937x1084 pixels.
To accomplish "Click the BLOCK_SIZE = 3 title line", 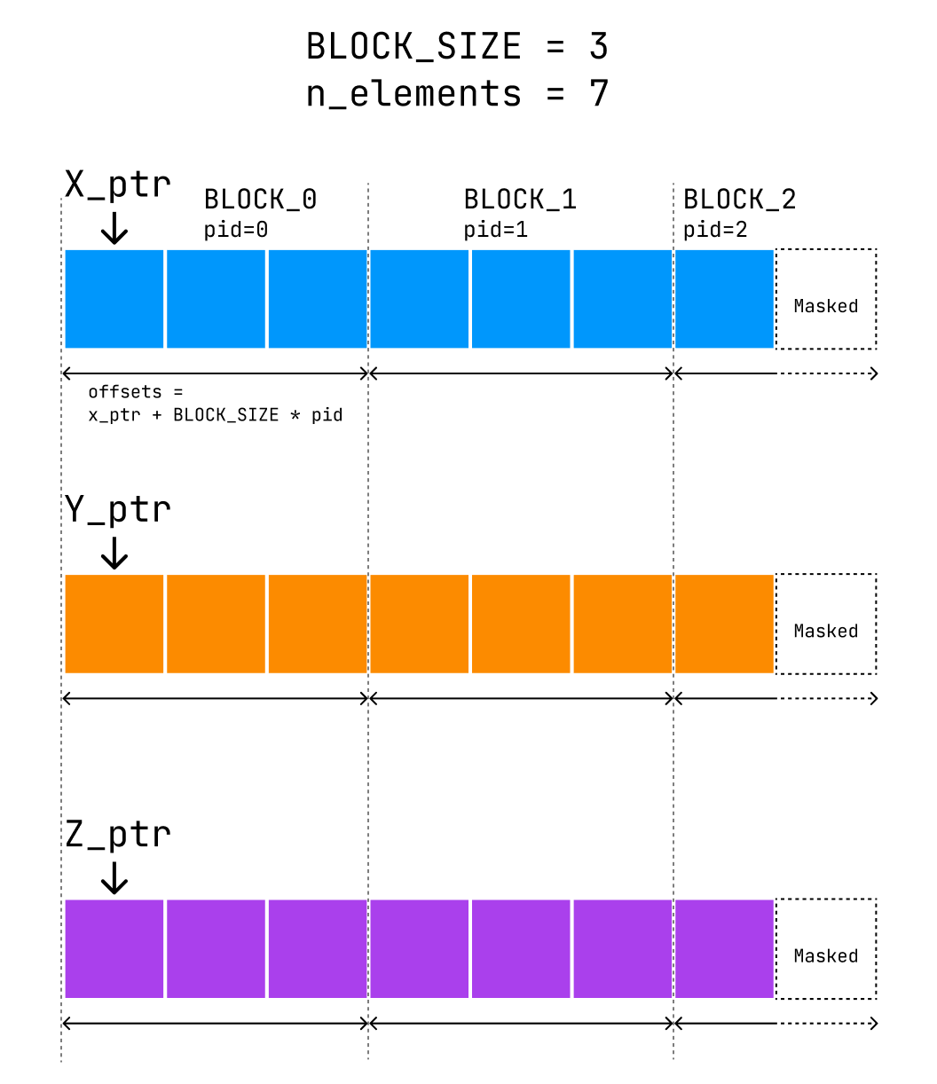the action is [x=457, y=46].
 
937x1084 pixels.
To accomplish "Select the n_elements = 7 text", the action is [x=457, y=93].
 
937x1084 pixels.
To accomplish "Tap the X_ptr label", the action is [x=117, y=185].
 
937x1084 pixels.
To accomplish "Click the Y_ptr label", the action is [x=117, y=509].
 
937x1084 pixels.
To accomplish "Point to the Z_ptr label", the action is [x=117, y=834].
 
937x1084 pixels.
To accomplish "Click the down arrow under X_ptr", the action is [x=114, y=228].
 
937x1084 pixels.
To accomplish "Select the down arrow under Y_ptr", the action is [x=114, y=553].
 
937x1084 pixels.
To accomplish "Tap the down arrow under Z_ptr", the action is [x=114, y=877].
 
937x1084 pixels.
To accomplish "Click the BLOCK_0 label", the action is [x=260, y=200].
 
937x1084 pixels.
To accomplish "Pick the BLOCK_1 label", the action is [x=520, y=200].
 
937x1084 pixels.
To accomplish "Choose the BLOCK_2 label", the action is [x=739, y=200].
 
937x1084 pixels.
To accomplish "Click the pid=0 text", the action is [x=235, y=230].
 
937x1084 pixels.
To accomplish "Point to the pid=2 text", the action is [x=715, y=230].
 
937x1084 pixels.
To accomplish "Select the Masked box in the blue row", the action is [x=826, y=299].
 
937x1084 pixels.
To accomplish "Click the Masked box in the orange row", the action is [x=826, y=624].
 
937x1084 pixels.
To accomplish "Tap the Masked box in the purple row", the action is [x=826, y=948].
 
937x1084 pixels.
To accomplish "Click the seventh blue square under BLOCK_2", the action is [x=724, y=299].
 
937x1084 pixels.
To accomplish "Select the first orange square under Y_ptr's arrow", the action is [x=114, y=624].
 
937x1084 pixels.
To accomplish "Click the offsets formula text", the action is [x=215, y=404].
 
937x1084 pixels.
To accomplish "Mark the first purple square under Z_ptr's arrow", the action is [x=114, y=948].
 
